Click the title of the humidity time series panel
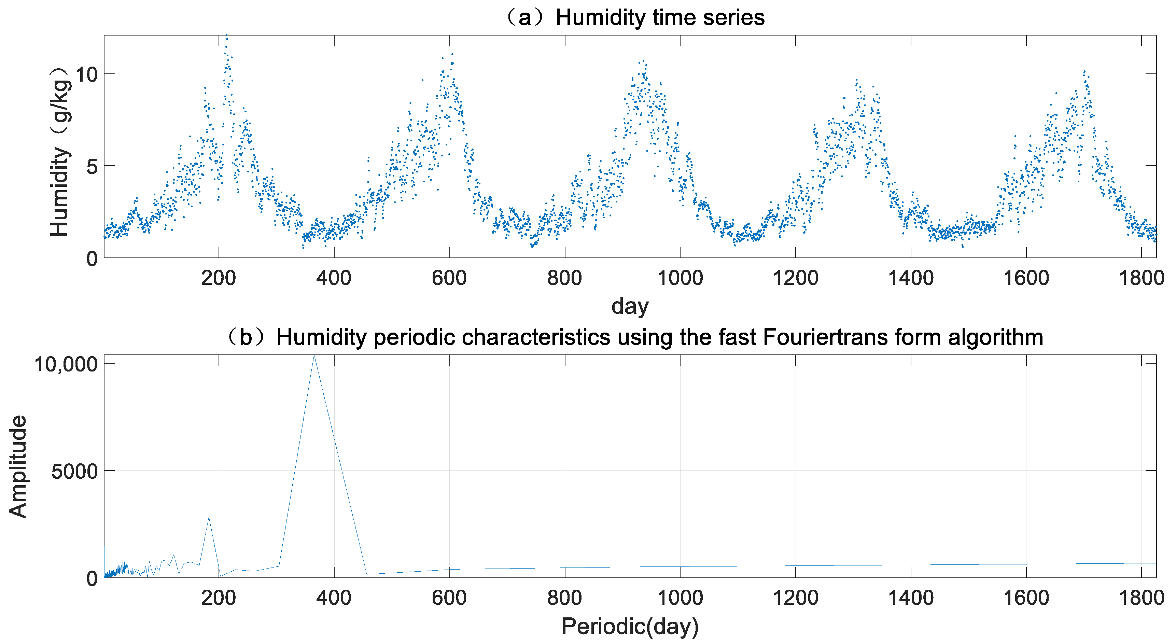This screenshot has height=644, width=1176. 634,18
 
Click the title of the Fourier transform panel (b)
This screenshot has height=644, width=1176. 634,337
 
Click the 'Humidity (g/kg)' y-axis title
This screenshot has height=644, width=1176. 60,152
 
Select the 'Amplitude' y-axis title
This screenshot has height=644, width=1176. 18,466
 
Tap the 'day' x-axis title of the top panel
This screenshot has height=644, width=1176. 630,306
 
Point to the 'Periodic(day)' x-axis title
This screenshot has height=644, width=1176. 630,626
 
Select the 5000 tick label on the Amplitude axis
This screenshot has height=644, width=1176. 74,471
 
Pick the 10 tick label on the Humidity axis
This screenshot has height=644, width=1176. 86,74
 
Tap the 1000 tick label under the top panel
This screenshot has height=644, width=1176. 680,278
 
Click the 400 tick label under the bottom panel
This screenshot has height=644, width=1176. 334,598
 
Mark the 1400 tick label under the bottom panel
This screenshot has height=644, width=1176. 911,598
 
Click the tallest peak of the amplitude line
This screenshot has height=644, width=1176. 314,356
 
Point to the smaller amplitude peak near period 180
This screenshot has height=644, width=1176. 209,518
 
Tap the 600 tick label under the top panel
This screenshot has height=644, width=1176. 449,278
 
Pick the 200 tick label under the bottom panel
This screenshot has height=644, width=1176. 218,598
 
